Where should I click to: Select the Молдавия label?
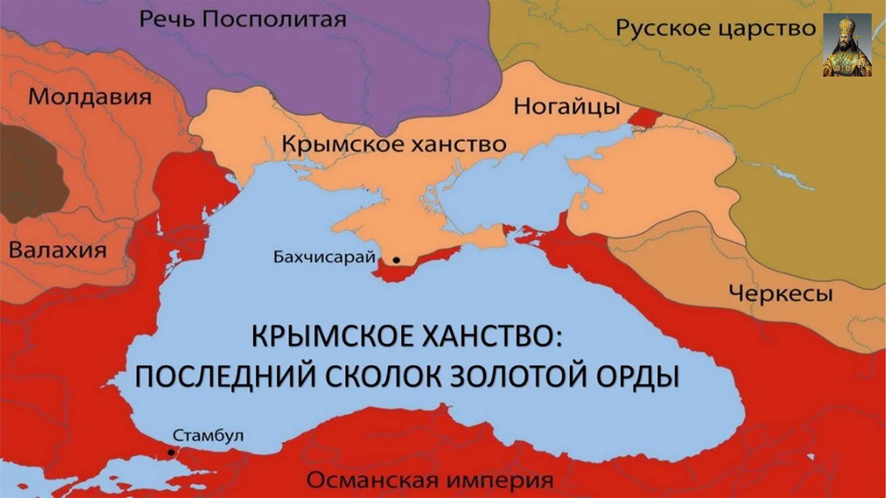pos(90,97)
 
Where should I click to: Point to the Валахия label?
pos(58,249)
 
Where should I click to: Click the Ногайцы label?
pos(566,108)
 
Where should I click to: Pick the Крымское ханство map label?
pos(394,143)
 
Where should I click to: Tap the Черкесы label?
pos(780,294)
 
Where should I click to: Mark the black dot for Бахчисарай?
pos(396,260)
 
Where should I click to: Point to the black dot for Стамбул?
pos(171,452)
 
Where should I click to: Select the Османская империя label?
pos(430,481)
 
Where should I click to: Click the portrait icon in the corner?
pos(846,45)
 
